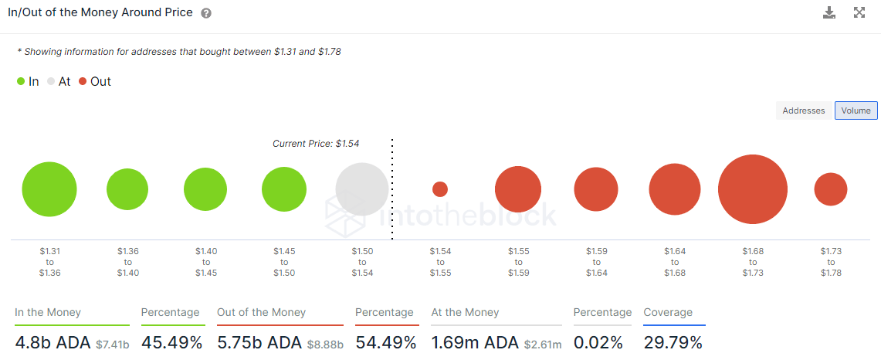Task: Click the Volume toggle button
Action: [x=856, y=110]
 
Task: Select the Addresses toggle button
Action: [x=804, y=110]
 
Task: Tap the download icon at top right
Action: [x=829, y=12]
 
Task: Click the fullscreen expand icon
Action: [x=859, y=12]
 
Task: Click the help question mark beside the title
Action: [x=206, y=14]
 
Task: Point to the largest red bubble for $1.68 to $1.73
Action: [x=752, y=189]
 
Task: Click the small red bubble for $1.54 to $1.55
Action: [x=440, y=189]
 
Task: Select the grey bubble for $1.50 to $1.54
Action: [x=362, y=189]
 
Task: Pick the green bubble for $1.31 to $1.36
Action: [x=49, y=189]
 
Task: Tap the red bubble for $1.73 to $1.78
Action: [x=831, y=189]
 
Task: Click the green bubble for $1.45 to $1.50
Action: [x=284, y=189]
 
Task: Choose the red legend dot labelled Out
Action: [x=83, y=81]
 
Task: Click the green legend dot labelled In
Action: [x=21, y=81]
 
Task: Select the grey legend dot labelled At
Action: [x=52, y=81]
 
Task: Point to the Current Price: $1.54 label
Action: [x=316, y=144]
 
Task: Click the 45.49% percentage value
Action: [x=171, y=342]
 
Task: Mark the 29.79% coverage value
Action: [x=673, y=342]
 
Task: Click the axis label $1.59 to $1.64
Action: [x=596, y=262]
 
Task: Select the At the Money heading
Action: [x=465, y=312]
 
